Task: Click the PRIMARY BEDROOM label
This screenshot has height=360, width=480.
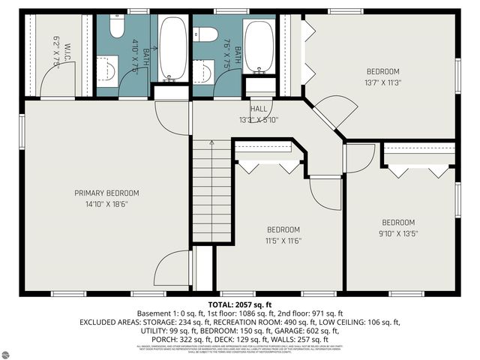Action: pos(106,193)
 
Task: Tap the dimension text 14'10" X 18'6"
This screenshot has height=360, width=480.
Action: pos(106,202)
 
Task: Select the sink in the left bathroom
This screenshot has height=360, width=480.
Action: pos(107,71)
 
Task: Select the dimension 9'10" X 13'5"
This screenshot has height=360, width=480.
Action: pos(398,233)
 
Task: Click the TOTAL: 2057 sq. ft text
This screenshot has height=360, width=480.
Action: pos(239,304)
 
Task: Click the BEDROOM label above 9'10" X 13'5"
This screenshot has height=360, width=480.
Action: pos(398,222)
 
